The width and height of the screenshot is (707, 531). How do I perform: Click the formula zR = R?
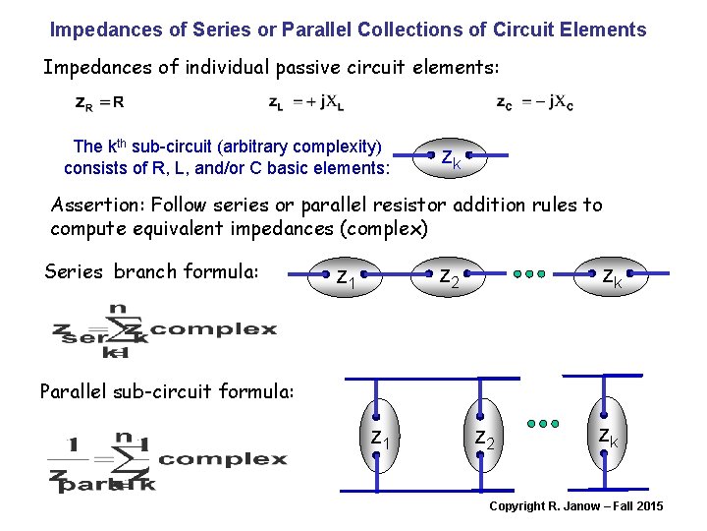click(x=100, y=101)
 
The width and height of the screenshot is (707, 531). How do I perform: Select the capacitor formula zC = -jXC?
click(x=536, y=101)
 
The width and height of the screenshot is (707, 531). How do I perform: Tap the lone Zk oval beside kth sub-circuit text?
click(x=451, y=157)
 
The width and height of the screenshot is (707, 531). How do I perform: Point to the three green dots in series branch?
click(x=528, y=274)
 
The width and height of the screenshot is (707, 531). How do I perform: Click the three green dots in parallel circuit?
click(x=542, y=424)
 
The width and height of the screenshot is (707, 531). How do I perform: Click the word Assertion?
click(x=91, y=206)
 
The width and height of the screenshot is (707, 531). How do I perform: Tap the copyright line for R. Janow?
click(x=576, y=506)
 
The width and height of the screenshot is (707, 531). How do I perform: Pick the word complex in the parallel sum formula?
click(x=222, y=459)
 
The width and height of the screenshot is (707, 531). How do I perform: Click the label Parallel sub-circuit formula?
click(x=167, y=391)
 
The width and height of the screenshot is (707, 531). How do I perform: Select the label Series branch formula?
click(x=151, y=271)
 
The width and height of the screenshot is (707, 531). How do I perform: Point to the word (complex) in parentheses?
click(x=379, y=229)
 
